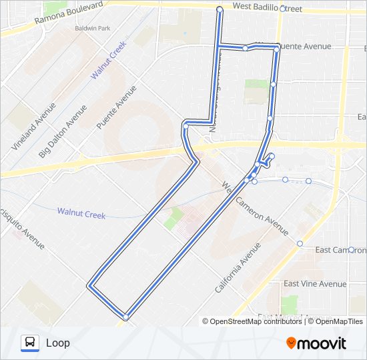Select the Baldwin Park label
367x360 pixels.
click(x=91, y=29)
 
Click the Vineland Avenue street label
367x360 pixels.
click(x=29, y=127)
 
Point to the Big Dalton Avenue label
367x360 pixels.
click(x=62, y=131)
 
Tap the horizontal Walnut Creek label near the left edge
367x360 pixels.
click(x=81, y=213)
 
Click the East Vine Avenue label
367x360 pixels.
click(x=315, y=284)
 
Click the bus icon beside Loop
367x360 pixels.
click(x=30, y=343)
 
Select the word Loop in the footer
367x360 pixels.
click(x=57, y=343)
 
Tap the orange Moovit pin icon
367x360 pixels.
click(x=291, y=343)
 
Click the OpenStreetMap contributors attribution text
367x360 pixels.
click(x=256, y=321)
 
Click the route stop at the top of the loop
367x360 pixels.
click(x=220, y=9)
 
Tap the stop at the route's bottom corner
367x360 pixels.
click(x=125, y=316)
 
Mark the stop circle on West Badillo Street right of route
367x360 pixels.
click(x=282, y=9)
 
